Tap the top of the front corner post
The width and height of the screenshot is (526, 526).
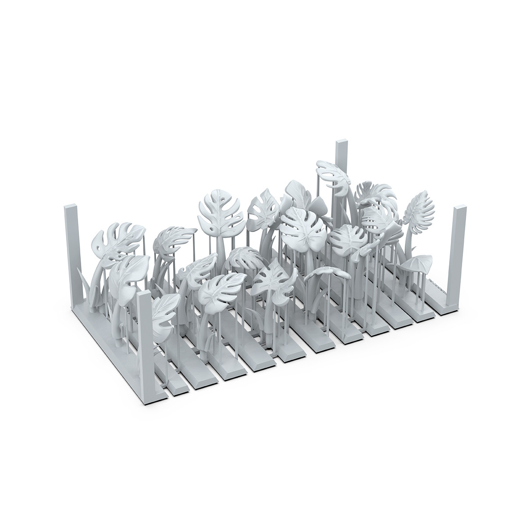144,296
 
